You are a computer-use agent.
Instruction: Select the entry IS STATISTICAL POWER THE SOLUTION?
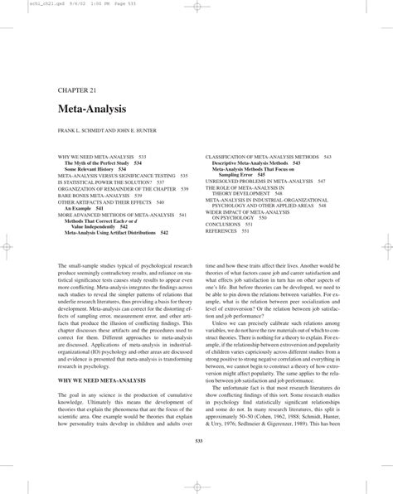click(102, 182)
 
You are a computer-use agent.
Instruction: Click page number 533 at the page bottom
click(196, 440)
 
